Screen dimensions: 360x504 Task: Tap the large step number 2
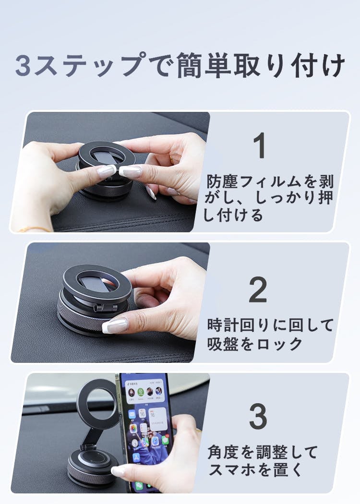tap(258, 289)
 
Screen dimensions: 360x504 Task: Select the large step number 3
tap(258, 416)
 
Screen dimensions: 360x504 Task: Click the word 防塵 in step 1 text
tap(222, 181)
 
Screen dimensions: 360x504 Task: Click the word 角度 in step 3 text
tap(223, 452)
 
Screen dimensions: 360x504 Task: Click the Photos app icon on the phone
tap(133, 428)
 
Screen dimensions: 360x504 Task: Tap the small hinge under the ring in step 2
tap(106, 308)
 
